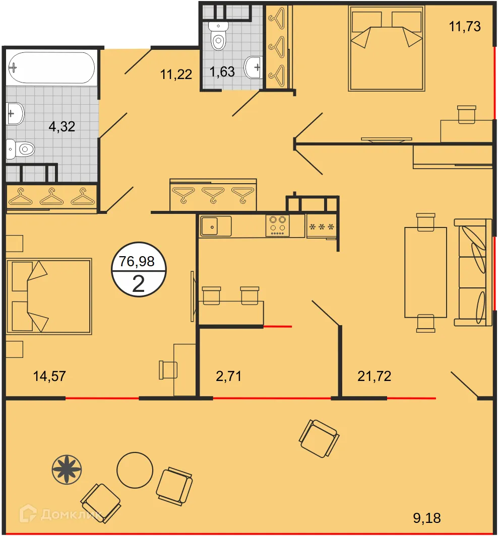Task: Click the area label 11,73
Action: coord(464,26)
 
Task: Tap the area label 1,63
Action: coord(222,72)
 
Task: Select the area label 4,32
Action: coord(61,126)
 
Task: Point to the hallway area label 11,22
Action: coord(176,74)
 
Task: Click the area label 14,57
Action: coord(49,376)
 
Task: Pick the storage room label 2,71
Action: coord(228,376)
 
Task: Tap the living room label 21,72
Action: coord(374,376)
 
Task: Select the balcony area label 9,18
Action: coord(427,518)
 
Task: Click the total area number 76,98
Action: coord(137,261)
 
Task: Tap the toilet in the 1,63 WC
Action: coord(218,36)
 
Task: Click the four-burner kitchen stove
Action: coord(278,225)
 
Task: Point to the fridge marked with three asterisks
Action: coord(322,226)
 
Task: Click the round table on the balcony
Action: coord(135,471)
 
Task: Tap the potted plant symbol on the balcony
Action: coord(67,470)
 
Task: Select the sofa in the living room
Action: coord(473,272)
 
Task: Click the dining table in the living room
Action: coord(425,272)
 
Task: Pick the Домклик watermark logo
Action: coord(60,514)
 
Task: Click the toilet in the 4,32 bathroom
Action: coord(21,149)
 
